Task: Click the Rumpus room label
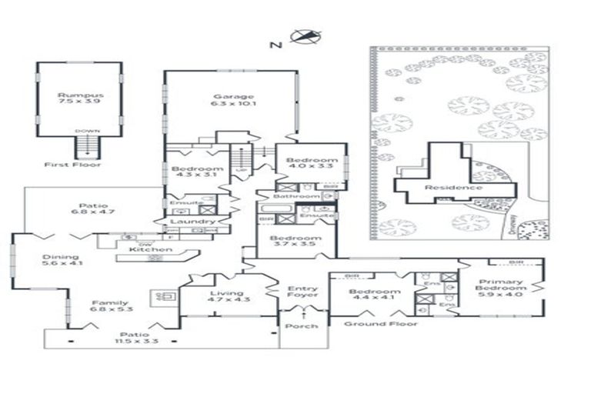pyautogui.click(x=80, y=98)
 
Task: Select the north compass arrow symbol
pyautogui.click(x=306, y=36)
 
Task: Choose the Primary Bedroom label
pyautogui.click(x=501, y=288)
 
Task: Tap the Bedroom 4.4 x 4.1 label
pyautogui.click(x=374, y=296)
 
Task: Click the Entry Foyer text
pyautogui.click(x=302, y=292)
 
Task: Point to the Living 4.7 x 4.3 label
pyautogui.click(x=226, y=296)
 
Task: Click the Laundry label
pyautogui.click(x=192, y=222)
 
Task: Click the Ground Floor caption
pyautogui.click(x=380, y=324)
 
